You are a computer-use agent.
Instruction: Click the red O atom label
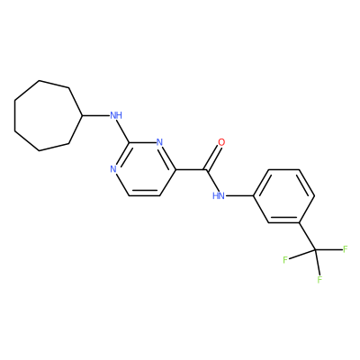tap(221, 142)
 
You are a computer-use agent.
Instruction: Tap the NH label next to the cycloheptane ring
tap(116, 115)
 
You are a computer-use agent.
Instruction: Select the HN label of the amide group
tap(219, 196)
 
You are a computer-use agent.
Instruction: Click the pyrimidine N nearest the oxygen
tap(159, 142)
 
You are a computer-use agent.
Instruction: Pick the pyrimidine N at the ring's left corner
tap(113, 169)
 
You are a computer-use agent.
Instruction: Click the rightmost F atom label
tap(345, 249)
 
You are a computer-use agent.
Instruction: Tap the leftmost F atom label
tap(285, 260)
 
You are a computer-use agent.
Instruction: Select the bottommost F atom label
tap(319, 280)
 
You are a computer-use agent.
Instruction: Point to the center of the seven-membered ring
tap(46, 115)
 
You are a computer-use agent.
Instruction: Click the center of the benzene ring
tap(283, 196)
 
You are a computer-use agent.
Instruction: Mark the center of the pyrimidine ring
tap(144, 169)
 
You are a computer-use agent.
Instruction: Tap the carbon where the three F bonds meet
tap(315, 249)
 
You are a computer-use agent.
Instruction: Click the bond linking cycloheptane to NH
tap(95, 115)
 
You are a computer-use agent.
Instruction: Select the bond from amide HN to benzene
tap(239, 196)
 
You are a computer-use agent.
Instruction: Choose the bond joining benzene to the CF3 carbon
tap(307, 236)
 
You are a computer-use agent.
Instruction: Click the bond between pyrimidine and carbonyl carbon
tap(191, 170)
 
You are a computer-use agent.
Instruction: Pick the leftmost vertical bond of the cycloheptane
tap(15, 115)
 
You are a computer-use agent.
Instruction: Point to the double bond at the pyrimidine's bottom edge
tap(144, 193)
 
